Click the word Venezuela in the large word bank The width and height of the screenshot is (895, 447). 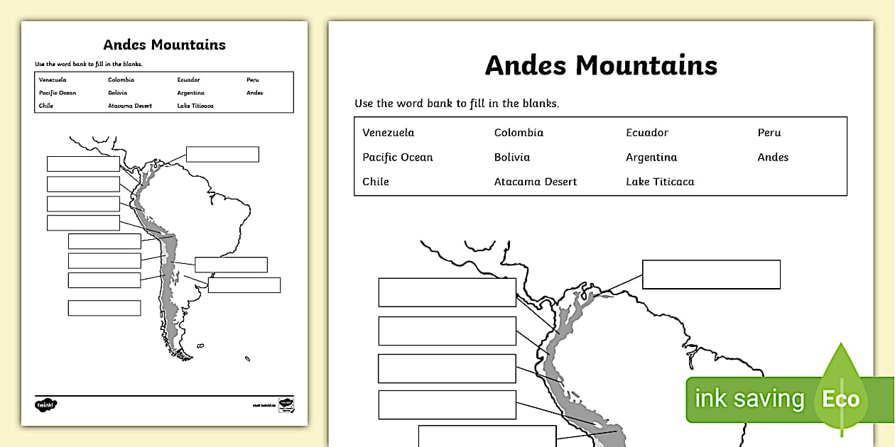click(x=388, y=133)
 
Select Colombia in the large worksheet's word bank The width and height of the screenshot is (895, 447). click(x=519, y=133)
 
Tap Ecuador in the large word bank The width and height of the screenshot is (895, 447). click(x=646, y=133)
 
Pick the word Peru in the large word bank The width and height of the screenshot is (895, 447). click(x=769, y=133)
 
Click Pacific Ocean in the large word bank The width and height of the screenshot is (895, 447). click(x=397, y=158)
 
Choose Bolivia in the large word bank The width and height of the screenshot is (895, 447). click(x=511, y=158)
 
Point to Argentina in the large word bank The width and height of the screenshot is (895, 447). click(x=651, y=158)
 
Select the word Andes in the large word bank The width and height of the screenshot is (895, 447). click(x=773, y=158)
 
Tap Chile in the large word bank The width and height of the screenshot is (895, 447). click(x=376, y=182)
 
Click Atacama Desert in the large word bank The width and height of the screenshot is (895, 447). click(x=536, y=182)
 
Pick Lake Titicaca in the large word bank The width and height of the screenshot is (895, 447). click(x=660, y=182)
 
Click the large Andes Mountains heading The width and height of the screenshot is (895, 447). click(x=601, y=65)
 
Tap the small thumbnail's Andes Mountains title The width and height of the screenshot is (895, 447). click(x=164, y=45)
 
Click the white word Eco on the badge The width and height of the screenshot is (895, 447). click(x=841, y=399)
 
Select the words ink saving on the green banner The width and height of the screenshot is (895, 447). click(x=749, y=399)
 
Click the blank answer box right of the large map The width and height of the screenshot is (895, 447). click(x=711, y=274)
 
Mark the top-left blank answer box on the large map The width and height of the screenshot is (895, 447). click(x=447, y=292)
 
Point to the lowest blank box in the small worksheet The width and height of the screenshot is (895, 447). click(x=104, y=308)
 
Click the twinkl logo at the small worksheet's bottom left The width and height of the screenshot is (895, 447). click(x=46, y=404)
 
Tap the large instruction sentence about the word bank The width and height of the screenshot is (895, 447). click(x=457, y=104)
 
